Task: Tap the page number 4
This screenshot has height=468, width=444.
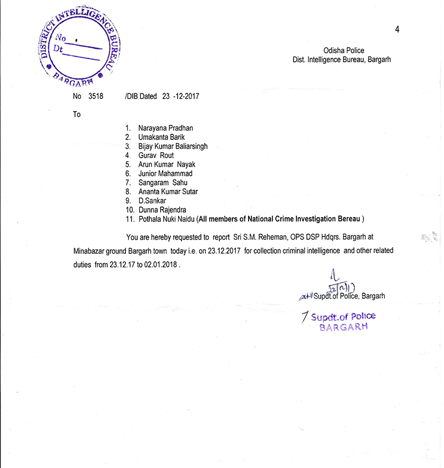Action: tap(397, 29)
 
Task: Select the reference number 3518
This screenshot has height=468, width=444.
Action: tap(95, 96)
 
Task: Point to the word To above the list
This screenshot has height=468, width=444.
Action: tap(77, 114)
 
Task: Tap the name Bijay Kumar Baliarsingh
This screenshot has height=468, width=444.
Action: tap(173, 147)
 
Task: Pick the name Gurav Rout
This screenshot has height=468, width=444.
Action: tap(156, 155)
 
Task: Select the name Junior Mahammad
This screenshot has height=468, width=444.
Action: tap(165, 174)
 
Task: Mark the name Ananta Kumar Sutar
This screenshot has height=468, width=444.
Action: tap(168, 192)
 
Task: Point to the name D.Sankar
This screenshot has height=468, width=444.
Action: tap(152, 200)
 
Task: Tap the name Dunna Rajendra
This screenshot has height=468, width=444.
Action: tap(162, 210)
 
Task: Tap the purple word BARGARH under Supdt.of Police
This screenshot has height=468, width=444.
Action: tap(343, 326)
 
